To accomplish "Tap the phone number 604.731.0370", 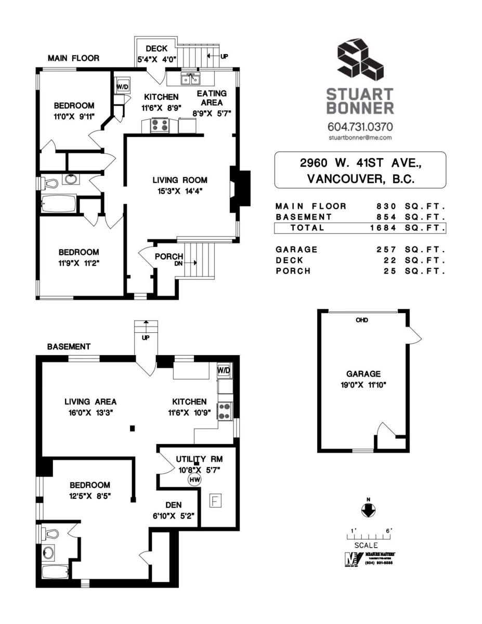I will point(360,126).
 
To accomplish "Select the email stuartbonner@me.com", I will point(360,138).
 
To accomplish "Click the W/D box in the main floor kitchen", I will point(122,87).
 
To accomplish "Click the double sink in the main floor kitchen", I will point(190,79).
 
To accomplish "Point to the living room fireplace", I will point(240,189).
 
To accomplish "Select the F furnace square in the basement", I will point(214,501).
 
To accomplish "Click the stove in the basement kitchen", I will point(225,411).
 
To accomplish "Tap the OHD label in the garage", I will point(362,320).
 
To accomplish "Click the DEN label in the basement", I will point(173,505).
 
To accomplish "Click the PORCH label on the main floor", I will point(168,256).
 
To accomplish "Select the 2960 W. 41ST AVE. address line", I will point(360,163).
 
